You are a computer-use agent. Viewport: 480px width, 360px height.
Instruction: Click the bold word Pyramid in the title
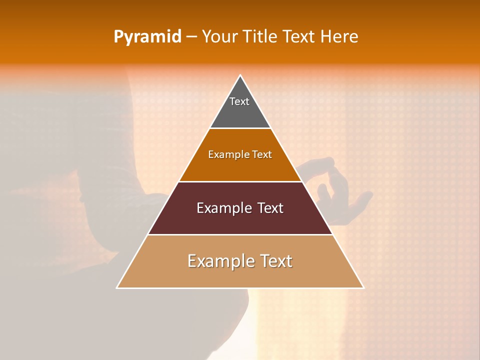147,37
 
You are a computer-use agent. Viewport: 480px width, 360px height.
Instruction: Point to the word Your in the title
218,36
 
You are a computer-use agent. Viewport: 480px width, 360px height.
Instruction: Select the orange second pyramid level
240,167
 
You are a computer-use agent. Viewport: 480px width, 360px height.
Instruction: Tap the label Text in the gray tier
239,101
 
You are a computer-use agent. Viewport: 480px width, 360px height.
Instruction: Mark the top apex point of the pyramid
240,75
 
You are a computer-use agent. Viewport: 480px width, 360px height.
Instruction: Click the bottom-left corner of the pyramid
117,288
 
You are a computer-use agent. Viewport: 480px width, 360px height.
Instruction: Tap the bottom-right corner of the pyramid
363,288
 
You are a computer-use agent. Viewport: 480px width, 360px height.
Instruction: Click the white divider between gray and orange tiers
240,128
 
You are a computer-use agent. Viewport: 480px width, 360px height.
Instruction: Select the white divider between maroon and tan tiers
240,234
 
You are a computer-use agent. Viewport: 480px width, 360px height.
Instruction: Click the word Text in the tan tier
274,261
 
